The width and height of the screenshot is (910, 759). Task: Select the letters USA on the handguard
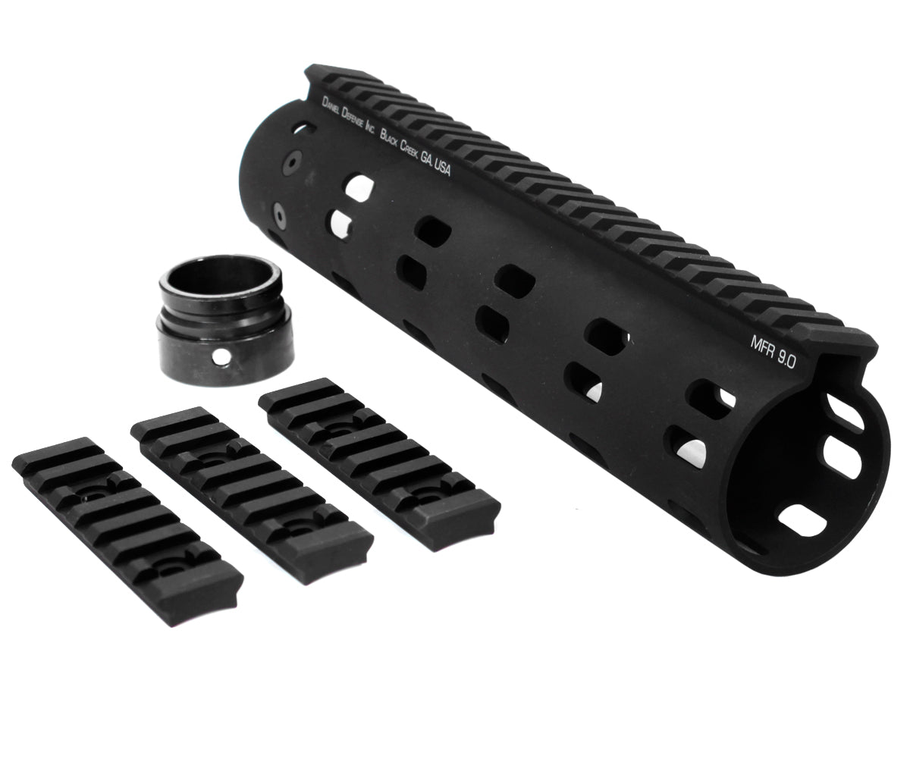tap(443, 170)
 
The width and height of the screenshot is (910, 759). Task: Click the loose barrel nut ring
tap(226, 318)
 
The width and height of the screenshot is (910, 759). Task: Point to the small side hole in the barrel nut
tap(220, 355)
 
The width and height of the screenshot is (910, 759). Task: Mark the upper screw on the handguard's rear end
tap(292, 161)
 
